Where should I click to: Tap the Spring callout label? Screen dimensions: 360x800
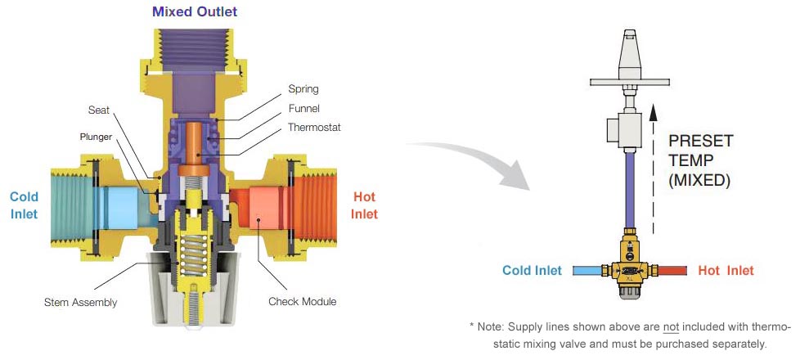click(x=303, y=88)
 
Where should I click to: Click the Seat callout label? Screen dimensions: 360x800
click(x=99, y=110)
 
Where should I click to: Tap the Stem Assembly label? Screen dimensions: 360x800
click(x=81, y=303)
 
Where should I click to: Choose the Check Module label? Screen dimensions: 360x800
click(x=302, y=301)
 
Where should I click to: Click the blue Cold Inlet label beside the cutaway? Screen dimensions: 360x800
click(x=25, y=205)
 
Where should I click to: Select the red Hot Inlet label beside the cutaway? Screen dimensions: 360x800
click(x=365, y=205)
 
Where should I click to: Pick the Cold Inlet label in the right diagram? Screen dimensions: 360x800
click(x=532, y=270)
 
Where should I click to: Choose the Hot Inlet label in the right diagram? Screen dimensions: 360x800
click(x=726, y=270)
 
